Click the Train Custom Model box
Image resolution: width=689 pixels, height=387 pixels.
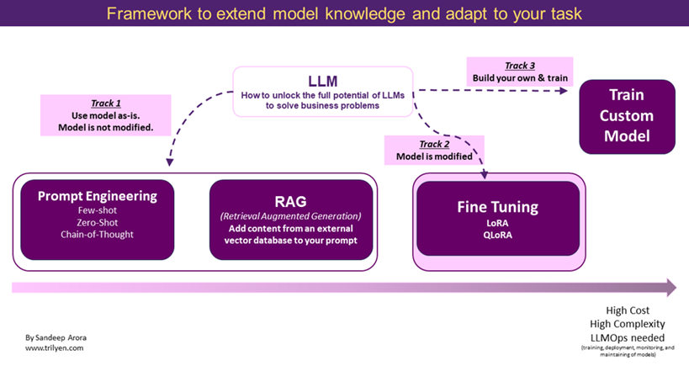[627, 116]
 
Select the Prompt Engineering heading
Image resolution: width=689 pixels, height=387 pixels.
[98, 196]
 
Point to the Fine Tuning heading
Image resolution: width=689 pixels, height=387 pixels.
[497, 206]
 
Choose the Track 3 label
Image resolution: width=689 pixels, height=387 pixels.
[520, 66]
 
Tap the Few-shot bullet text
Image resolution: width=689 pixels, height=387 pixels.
[98, 211]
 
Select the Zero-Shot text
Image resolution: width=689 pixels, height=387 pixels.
[98, 222]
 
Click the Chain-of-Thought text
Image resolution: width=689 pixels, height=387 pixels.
[98, 234]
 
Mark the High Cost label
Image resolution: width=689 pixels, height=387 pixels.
[628, 310]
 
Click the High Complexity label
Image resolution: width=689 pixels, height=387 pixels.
[628, 323]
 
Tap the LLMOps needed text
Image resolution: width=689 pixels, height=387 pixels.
[628, 337]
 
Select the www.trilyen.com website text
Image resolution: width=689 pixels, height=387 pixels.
[54, 347]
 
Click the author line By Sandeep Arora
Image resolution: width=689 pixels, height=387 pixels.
[56, 337]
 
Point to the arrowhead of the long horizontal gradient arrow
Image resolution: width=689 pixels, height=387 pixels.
[670, 288]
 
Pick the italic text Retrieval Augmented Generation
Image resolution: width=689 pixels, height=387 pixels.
[289, 216]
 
